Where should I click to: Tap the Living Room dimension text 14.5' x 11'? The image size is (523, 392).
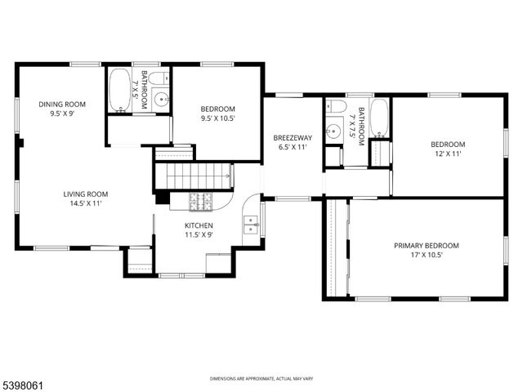coord(86,204)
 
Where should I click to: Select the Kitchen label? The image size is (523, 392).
coord(199,225)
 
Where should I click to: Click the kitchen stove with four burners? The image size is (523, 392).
coord(201,202)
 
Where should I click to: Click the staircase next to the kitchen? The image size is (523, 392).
coord(194,176)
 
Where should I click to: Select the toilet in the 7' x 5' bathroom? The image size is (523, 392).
coord(160,79)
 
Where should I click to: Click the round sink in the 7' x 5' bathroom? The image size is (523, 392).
coord(160,100)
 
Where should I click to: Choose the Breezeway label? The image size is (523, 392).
coord(292,138)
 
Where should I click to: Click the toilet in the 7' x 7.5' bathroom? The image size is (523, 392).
coord(333,107)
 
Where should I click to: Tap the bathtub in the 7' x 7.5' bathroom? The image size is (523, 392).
coord(380,118)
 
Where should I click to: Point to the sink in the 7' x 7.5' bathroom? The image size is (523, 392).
coord(333,130)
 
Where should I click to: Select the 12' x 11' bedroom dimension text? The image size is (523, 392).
coord(447,154)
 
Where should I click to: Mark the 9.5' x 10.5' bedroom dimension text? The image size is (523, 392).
coord(218,118)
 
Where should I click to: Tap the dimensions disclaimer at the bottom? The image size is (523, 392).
coord(261,379)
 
